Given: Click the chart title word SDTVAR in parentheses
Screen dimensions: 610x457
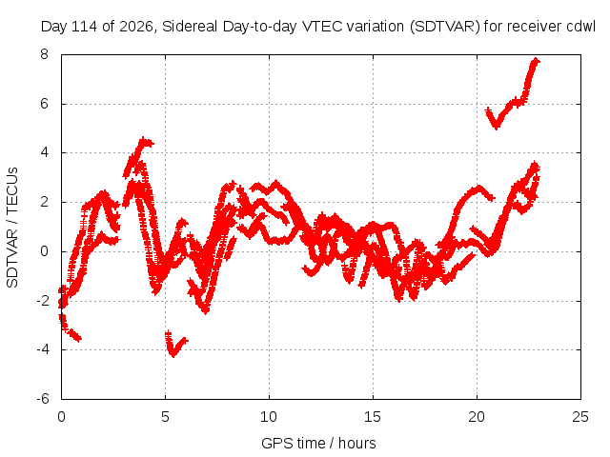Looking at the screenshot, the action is pos(445,27).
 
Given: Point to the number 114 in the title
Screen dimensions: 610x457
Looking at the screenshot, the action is pos(86,27).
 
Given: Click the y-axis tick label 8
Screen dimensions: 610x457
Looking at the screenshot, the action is pos(45,54).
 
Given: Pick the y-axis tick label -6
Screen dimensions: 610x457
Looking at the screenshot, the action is pos(43,399).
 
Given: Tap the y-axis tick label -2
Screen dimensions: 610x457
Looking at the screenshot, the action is pos(43,301).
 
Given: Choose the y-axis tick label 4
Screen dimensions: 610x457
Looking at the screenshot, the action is pos(45,152).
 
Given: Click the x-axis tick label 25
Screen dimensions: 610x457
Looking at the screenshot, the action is pos(580,417).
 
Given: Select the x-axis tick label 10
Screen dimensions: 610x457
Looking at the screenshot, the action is pos(269,417).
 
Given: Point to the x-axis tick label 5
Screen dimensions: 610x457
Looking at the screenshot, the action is pos(165,417).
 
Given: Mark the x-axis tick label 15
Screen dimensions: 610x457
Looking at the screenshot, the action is pos(373,417).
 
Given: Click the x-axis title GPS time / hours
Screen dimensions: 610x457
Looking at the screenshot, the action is pos(318,443).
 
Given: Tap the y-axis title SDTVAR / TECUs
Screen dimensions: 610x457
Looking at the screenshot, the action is pos(12,228).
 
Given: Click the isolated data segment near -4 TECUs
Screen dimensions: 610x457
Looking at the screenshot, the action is pos(175,345).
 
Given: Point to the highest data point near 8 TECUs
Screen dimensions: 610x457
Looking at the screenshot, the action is pos(536,61).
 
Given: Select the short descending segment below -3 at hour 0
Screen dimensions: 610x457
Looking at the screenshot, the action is pos(70,328).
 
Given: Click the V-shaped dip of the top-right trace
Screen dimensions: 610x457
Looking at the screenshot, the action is pos(496,127).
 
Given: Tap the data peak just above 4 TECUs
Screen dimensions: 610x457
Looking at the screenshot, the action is pos(144,141).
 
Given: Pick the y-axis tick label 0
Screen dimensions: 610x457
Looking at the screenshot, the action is pos(45,251).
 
